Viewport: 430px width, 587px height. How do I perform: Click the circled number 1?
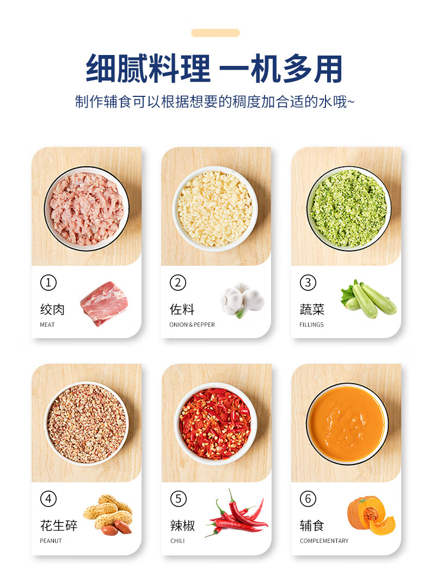(x=48, y=283)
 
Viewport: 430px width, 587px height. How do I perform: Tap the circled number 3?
(x=308, y=283)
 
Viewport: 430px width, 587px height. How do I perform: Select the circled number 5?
(x=178, y=499)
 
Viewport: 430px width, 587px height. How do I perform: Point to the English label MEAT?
(x=47, y=325)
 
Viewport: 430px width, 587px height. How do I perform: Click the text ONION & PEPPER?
(x=192, y=325)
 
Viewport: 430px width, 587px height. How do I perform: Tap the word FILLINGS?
(x=311, y=325)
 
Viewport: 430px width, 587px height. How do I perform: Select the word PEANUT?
(x=51, y=541)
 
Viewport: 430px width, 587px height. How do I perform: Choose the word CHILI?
(x=177, y=541)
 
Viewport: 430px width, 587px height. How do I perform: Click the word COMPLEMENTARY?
(x=324, y=541)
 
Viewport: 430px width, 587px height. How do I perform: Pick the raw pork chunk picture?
(x=104, y=304)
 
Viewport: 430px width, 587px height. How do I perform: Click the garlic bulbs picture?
(x=243, y=300)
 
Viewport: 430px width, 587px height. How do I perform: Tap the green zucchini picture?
(x=368, y=299)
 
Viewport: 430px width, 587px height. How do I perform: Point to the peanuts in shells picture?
(x=108, y=515)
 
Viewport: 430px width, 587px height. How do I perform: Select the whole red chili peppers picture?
(x=237, y=513)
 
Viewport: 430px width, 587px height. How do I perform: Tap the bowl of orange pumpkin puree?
(x=347, y=424)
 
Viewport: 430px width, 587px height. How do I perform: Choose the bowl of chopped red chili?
(x=215, y=424)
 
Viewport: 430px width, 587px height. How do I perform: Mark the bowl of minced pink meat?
(x=87, y=208)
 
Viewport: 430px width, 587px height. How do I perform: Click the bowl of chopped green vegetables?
(x=349, y=208)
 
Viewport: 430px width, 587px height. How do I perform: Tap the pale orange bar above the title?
(x=216, y=33)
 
